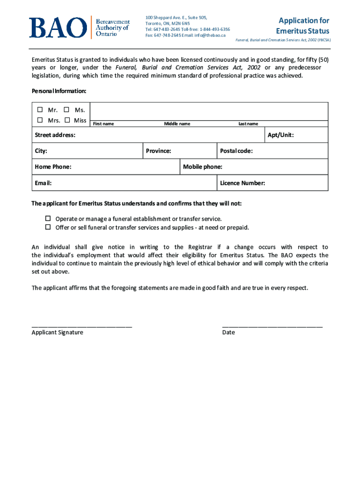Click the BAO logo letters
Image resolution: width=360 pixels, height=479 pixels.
point(58,28)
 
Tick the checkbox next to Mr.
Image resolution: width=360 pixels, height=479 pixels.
point(40,110)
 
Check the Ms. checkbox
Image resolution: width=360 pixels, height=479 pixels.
point(66,110)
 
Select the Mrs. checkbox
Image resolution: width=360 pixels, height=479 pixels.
point(40,120)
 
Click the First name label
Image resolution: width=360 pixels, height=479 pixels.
point(103,124)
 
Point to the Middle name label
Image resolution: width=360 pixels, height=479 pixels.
point(177,124)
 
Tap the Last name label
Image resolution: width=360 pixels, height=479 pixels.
point(248,124)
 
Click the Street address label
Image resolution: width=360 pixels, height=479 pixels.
point(55,135)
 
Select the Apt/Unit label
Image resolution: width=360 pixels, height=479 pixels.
point(281,135)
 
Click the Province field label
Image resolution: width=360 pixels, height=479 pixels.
point(158,151)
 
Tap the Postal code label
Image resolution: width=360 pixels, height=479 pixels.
point(237,151)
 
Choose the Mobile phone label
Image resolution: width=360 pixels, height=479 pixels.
point(202,167)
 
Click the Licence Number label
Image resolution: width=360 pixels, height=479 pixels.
point(243,183)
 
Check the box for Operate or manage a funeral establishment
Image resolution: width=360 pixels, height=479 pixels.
point(48,218)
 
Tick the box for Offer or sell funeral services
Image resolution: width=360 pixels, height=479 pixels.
point(48,227)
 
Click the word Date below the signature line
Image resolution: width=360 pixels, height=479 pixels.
point(229,333)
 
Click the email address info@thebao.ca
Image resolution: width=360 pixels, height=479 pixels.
point(210,35)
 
